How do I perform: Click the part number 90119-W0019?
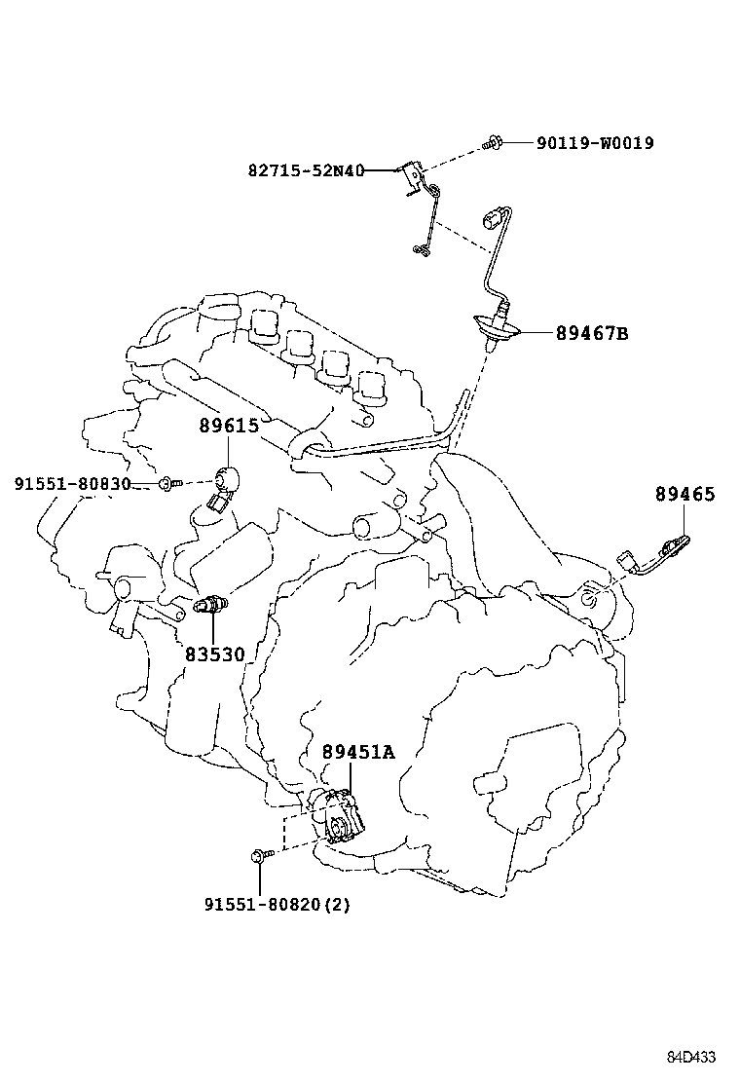click(594, 143)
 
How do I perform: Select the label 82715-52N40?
click(306, 170)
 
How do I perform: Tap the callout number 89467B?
click(592, 334)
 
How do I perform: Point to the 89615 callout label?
click(229, 426)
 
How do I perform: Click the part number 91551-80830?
click(73, 484)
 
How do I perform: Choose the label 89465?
click(684, 495)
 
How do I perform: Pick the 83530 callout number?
click(214, 654)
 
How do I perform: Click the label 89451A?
click(358, 752)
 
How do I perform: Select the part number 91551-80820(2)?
click(277, 905)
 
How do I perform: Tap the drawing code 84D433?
click(691, 1057)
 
